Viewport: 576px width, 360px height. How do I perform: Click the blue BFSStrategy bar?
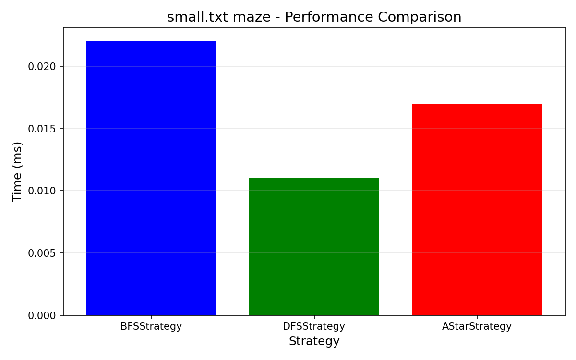point(151,178)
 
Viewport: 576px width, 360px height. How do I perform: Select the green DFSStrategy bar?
point(314,247)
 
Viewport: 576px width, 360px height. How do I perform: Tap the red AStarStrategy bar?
point(477,209)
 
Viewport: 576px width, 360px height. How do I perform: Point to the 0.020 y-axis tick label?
point(42,67)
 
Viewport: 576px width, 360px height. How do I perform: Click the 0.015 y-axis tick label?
point(42,129)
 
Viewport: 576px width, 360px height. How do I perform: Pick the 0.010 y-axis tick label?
point(42,191)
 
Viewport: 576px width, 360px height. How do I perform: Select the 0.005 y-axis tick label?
point(42,253)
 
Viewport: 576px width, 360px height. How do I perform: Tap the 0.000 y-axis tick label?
point(42,315)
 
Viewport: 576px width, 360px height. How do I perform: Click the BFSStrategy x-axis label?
point(151,326)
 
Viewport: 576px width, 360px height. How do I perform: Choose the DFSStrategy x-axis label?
point(314,326)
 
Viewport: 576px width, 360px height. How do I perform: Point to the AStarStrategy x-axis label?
point(477,326)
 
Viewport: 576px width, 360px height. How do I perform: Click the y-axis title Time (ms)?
point(17,172)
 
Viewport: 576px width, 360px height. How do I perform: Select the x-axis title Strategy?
point(314,341)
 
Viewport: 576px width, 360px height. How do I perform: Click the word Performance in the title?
point(329,17)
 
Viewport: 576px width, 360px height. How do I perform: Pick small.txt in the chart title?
point(197,17)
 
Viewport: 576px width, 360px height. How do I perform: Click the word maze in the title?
point(252,17)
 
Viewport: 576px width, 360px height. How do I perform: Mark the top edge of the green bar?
point(314,178)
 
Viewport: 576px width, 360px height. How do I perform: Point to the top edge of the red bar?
point(477,104)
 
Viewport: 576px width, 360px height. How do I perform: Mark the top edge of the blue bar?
point(151,41)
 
